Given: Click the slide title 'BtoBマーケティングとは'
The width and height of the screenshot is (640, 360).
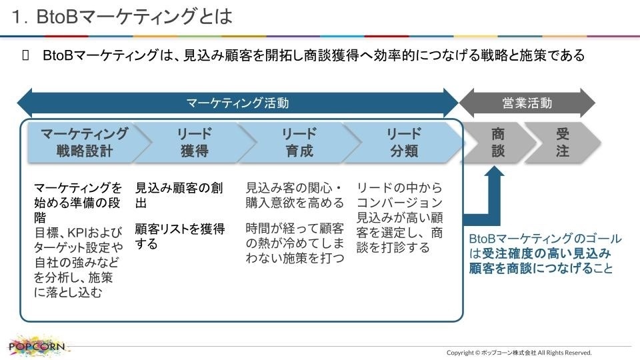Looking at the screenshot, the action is coord(134,17).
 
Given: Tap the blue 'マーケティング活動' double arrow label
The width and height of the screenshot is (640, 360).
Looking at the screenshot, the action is coord(237,103).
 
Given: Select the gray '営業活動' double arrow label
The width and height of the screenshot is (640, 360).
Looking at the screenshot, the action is coord(527,103).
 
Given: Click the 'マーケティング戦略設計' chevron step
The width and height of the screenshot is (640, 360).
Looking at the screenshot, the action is coord(85,143).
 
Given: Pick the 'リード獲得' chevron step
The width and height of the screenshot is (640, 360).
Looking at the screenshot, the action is coord(194,143).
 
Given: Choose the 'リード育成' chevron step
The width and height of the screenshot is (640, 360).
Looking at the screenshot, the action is coord(299,143).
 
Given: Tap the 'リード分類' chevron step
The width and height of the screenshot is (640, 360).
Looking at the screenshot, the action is coord(404,143).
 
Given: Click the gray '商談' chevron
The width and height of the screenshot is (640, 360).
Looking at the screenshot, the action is coord(498,143).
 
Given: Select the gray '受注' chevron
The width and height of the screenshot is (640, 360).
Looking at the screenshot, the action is coord(562,143).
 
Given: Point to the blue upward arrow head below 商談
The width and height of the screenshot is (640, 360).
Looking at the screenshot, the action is coord(494,171).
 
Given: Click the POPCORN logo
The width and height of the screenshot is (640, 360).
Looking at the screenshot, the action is coord(36,346).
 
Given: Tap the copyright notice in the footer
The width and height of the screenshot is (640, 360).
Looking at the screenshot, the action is coord(519,353).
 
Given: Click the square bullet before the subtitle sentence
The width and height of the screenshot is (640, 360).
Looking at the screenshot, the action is coord(26,55).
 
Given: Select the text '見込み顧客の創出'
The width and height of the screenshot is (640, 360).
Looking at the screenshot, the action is coord(179,195).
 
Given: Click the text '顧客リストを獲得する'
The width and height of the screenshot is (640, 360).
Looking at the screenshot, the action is coord(179,236).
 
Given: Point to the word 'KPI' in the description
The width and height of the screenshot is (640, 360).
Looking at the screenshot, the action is coord(76,232).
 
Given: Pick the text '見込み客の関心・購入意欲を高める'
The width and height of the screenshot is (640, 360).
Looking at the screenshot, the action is coord(295,195).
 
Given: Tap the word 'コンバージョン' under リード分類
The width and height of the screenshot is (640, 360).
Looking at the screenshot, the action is coord(399,203).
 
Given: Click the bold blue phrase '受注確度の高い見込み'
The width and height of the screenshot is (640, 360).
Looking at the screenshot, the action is coord(546,253).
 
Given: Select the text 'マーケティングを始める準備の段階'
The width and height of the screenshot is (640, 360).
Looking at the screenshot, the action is coord(77,203).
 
